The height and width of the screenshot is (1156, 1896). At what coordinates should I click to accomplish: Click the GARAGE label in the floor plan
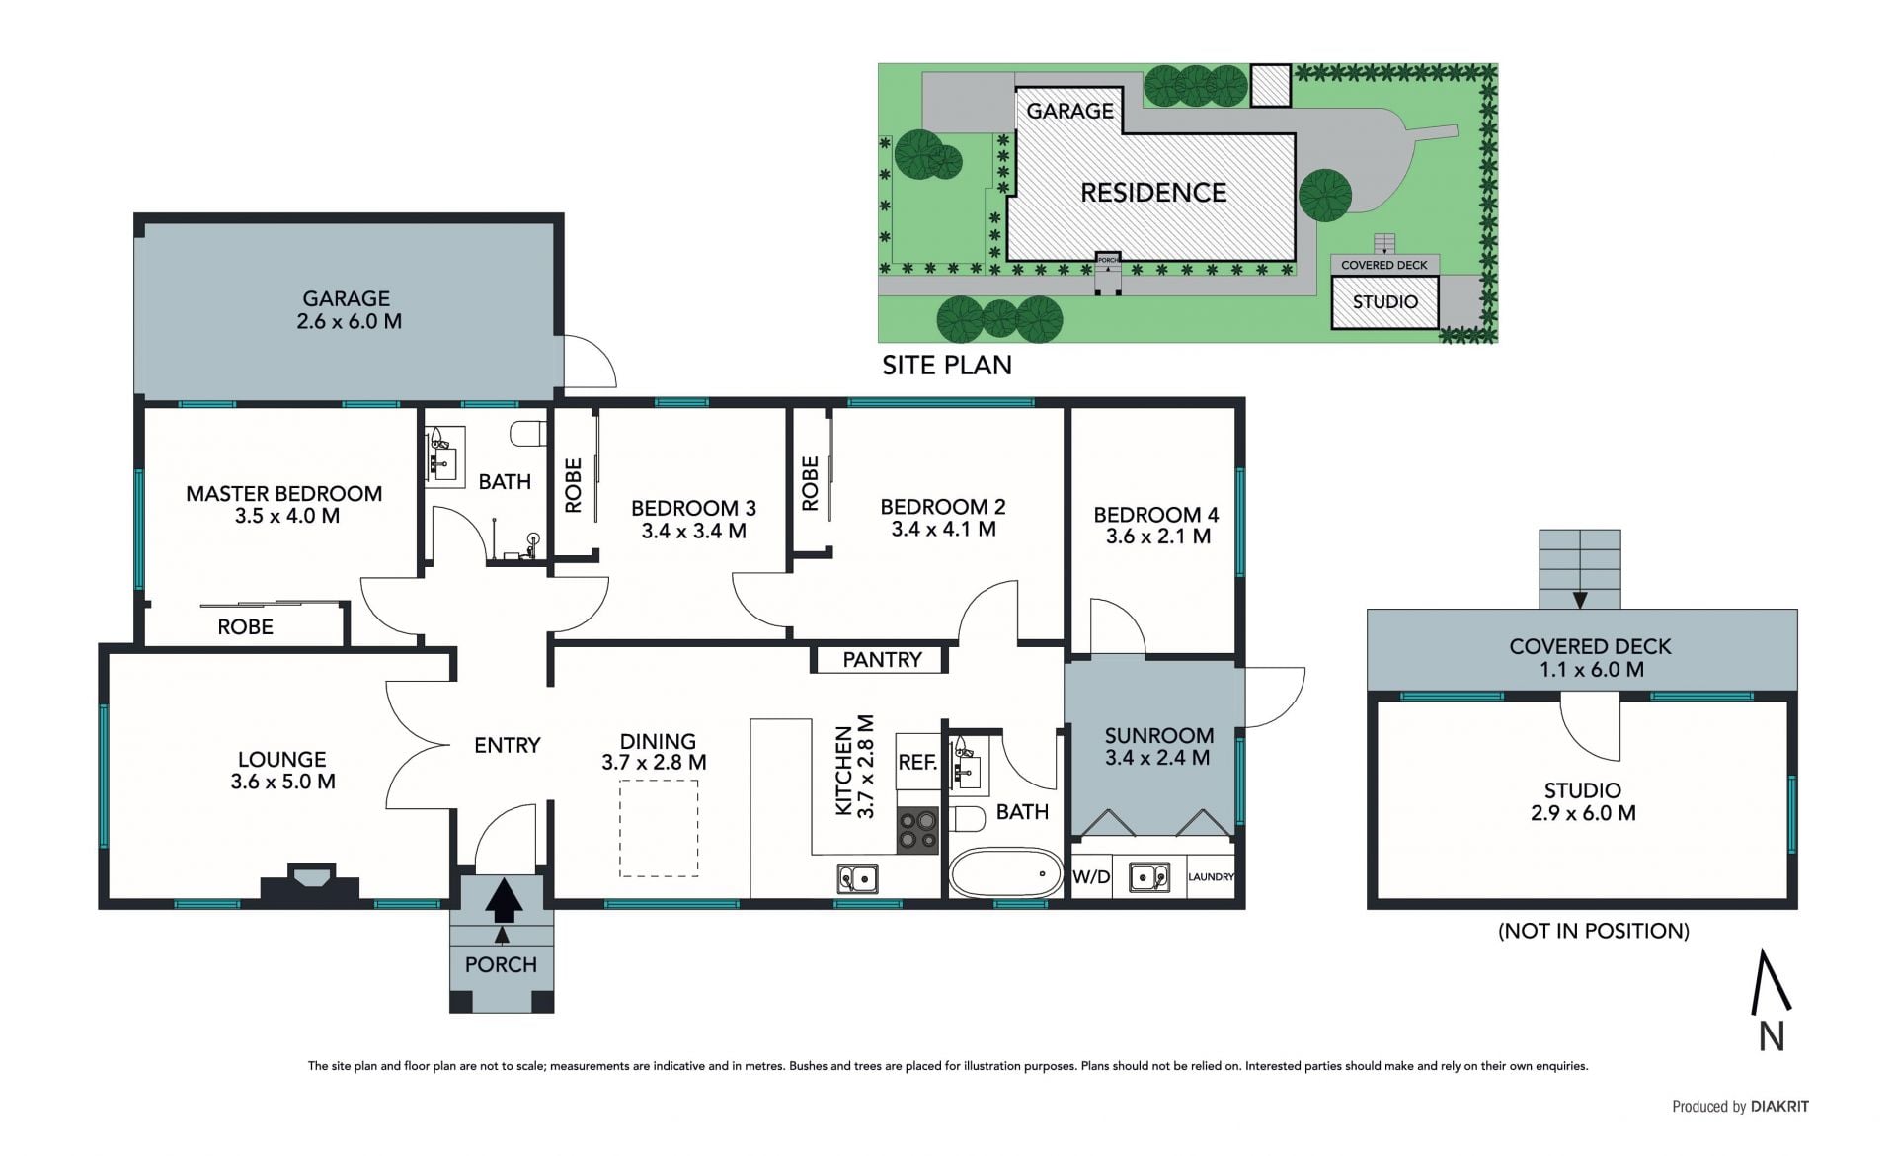point(346,298)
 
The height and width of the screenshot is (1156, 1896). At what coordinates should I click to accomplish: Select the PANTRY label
point(882,660)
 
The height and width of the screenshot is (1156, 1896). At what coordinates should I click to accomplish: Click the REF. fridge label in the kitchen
point(917,763)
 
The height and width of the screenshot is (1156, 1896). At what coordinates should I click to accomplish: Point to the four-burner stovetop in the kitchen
point(917,830)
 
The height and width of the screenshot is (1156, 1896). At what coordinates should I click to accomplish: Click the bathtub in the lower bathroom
point(1005,872)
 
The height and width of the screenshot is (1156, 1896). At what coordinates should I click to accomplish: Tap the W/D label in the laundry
point(1091,877)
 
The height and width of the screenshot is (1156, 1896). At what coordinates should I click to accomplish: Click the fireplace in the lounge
point(310,881)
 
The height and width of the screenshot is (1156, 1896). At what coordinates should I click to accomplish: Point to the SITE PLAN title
point(946,366)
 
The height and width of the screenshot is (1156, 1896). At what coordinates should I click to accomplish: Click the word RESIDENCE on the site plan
point(1153,193)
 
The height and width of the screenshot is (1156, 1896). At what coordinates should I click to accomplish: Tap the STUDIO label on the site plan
point(1384,302)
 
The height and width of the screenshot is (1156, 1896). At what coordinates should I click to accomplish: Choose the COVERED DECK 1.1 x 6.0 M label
point(1590,658)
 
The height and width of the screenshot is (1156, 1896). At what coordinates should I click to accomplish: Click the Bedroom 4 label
point(1155,515)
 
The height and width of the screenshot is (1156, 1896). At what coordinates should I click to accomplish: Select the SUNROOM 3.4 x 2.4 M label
point(1158,747)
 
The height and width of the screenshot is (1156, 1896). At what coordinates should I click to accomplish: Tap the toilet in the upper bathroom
point(528,434)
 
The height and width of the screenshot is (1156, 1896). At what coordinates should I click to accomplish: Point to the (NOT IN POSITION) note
point(1593,931)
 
